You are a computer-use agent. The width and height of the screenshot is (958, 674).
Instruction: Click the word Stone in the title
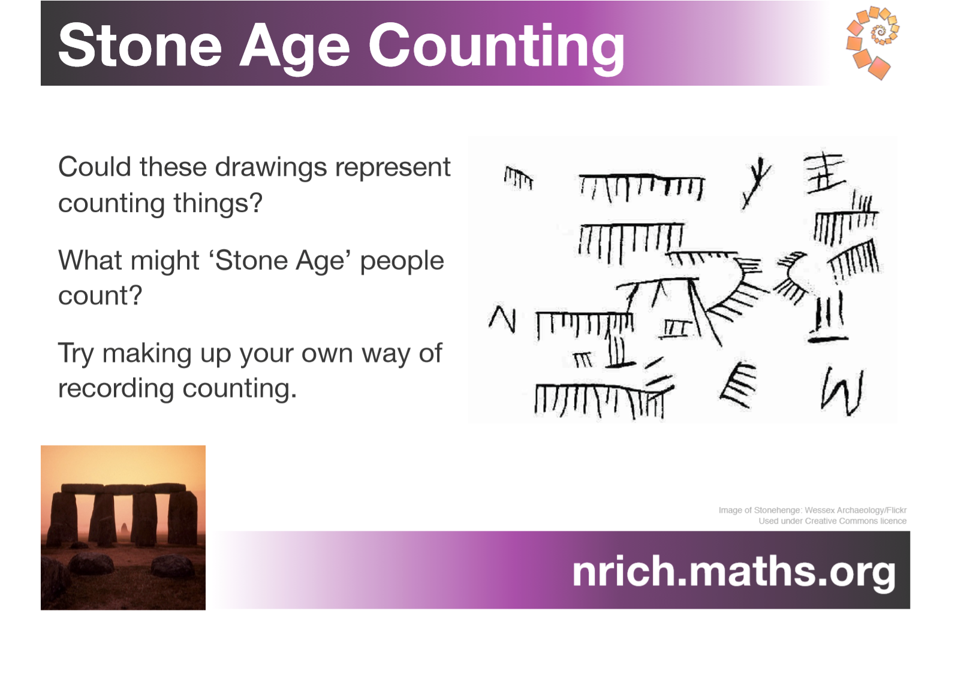(140, 46)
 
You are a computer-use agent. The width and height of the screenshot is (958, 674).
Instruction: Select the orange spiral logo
(873, 43)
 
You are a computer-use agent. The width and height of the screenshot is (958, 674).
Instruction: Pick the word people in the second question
(402, 262)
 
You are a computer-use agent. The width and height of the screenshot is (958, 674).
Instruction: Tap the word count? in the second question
(100, 296)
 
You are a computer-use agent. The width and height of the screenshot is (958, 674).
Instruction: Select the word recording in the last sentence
(116, 389)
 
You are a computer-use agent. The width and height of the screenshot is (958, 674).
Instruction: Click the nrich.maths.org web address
(734, 573)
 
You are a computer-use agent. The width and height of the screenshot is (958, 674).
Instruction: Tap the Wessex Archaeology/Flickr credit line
(812, 510)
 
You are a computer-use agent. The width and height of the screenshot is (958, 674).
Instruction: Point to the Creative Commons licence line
(832, 521)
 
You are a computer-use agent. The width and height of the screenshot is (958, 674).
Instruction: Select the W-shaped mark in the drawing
(842, 391)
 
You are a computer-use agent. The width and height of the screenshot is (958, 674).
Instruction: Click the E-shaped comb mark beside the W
(739, 385)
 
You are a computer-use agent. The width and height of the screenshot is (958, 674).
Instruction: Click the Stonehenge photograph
(123, 527)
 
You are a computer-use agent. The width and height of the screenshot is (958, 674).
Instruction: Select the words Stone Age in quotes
(280, 262)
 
